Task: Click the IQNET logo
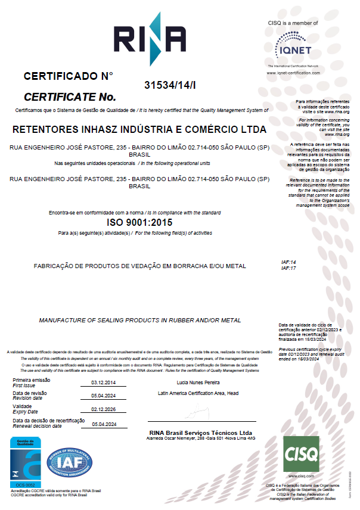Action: [293, 45]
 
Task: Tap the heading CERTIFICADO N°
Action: [68, 76]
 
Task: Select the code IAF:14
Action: [288, 262]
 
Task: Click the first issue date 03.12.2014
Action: [104, 382]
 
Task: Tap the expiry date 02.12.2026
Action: [104, 409]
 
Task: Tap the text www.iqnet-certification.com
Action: [293, 73]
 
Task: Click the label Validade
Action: [23, 407]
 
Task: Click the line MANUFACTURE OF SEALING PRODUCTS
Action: [140, 321]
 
